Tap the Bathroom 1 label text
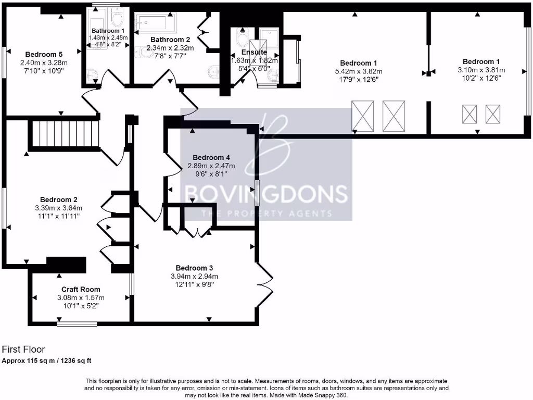[x=108, y=31]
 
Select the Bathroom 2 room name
[x=170, y=40]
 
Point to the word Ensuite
[x=254, y=52]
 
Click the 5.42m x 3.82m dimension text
[x=359, y=71]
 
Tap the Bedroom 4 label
[x=211, y=157]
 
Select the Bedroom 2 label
[x=59, y=199]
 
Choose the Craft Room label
[x=81, y=290]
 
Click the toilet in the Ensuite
[x=243, y=38]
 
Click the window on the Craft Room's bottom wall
[x=77, y=323]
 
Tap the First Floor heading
[x=23, y=349]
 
